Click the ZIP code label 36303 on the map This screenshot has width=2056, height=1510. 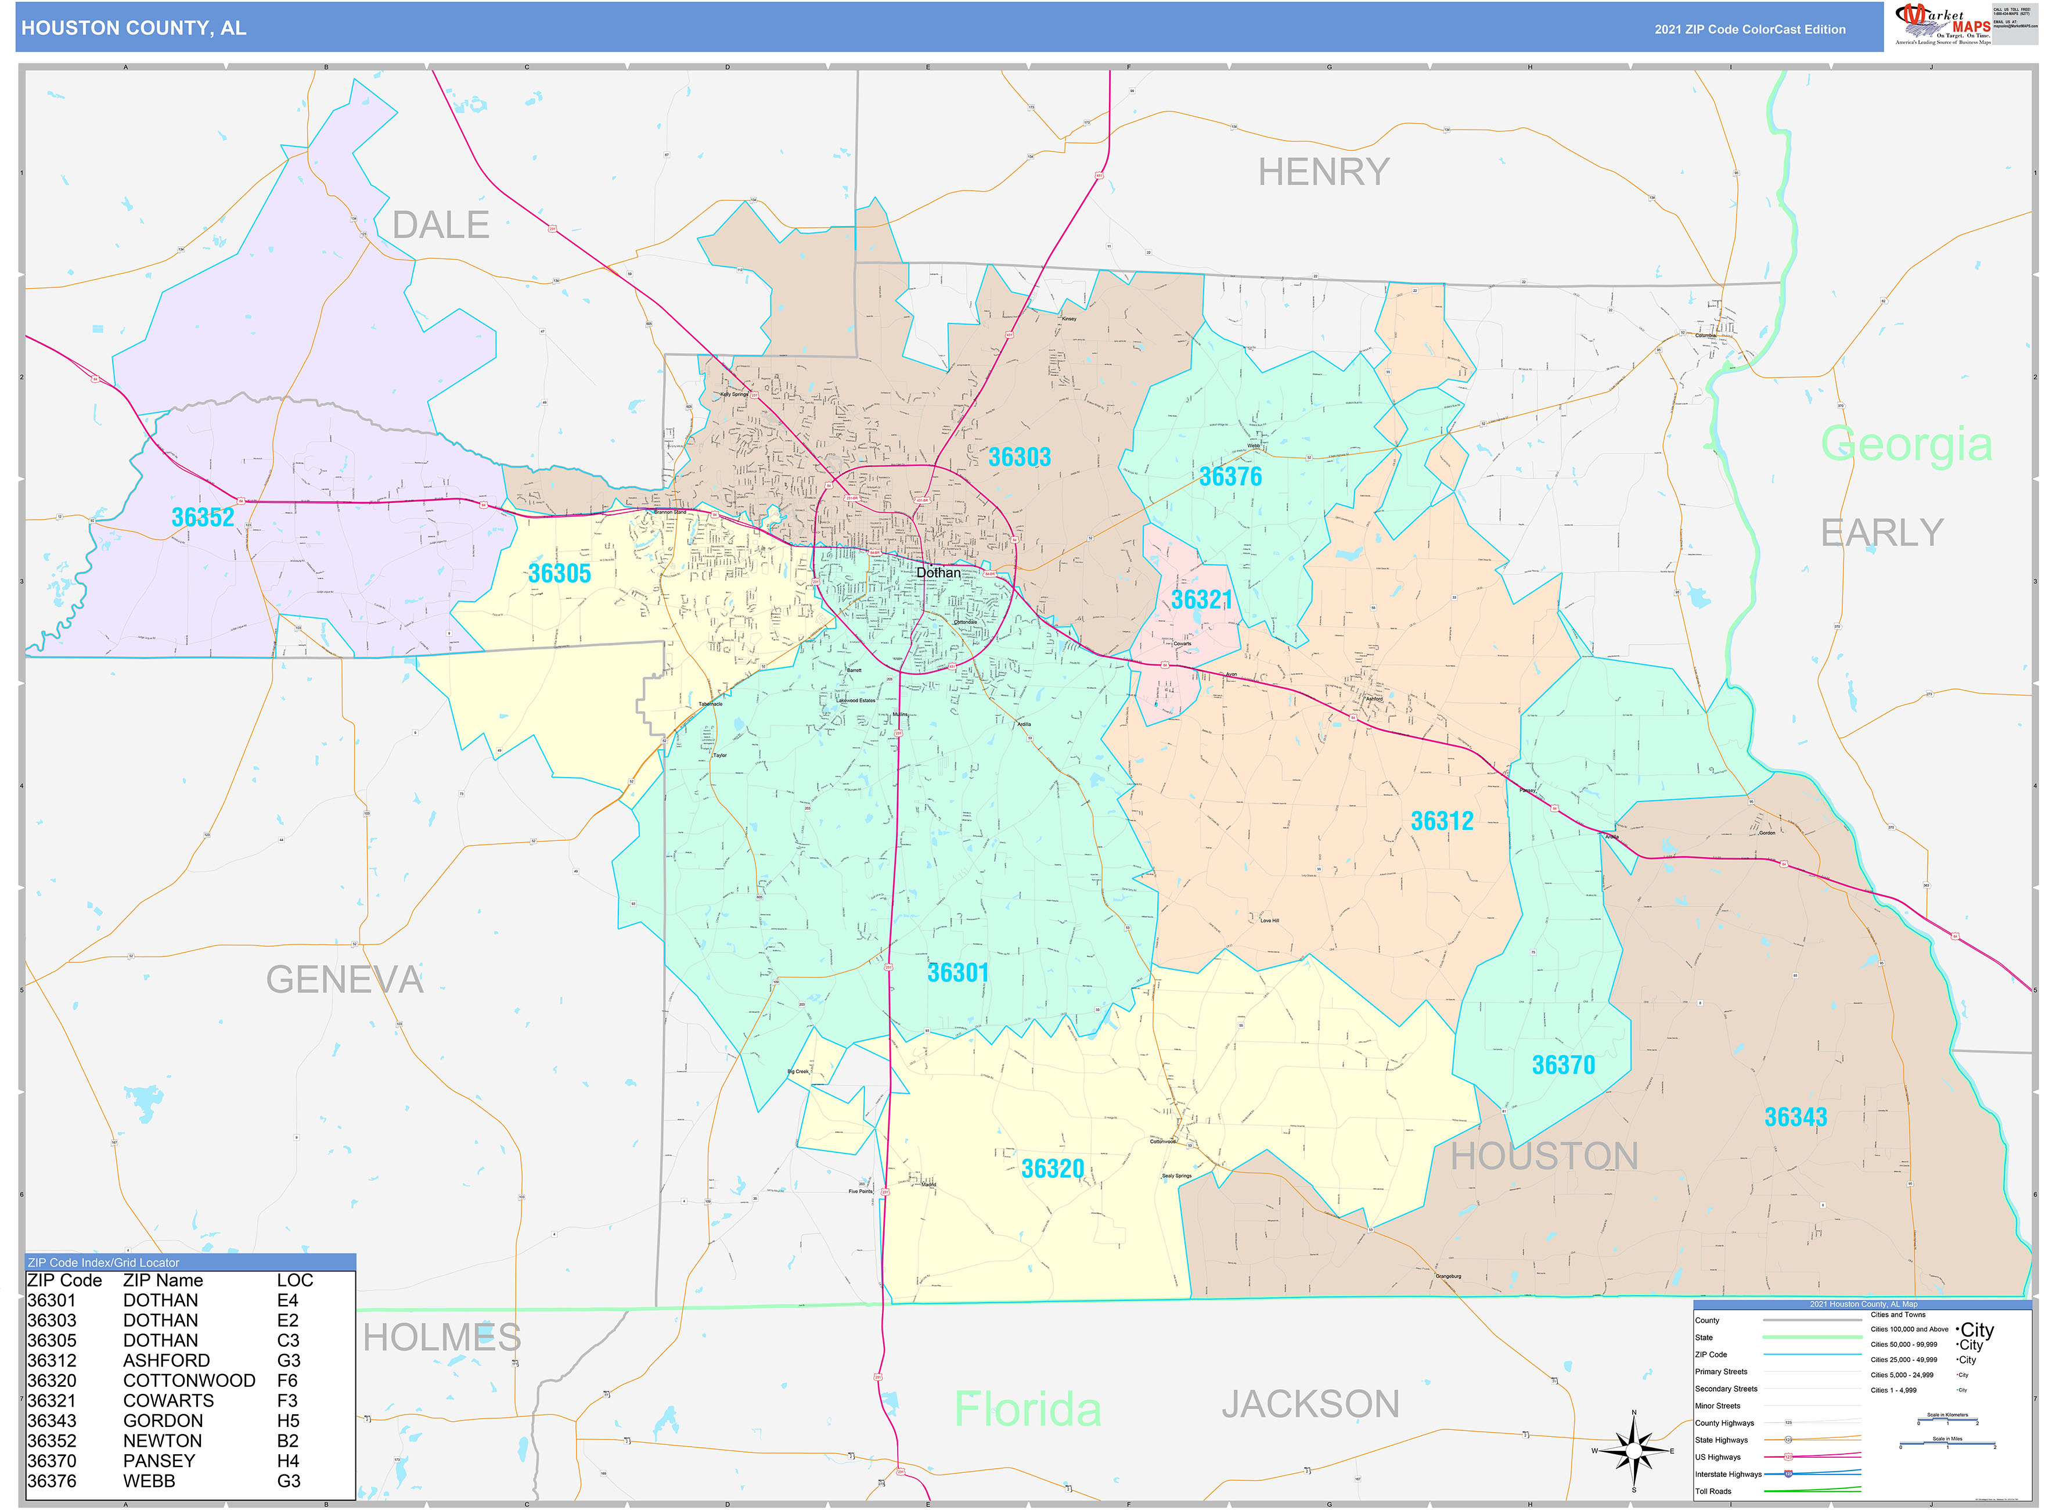[1019, 457]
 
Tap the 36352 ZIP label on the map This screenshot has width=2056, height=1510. [203, 517]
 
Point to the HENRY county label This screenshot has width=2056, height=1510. [1323, 172]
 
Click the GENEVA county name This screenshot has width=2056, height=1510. [344, 980]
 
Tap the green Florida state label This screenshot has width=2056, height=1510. [1027, 1408]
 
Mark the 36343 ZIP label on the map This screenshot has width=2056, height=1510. [1795, 1117]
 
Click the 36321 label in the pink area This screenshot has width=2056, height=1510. [1202, 599]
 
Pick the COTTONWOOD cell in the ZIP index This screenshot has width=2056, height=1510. [189, 1380]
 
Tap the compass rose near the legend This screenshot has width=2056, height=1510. [1634, 1451]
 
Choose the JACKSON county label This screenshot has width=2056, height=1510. [1310, 1404]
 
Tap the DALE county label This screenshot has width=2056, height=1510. [441, 225]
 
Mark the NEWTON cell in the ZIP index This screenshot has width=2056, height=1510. [162, 1440]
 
